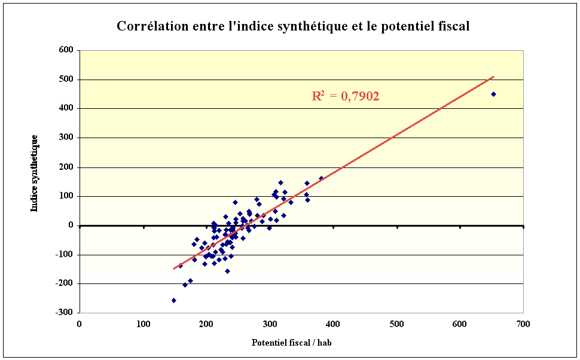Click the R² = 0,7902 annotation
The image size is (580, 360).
tap(346, 96)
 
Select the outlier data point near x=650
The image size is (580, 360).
tap(493, 94)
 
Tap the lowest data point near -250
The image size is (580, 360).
tap(173, 300)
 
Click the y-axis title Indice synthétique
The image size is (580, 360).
tap(34, 173)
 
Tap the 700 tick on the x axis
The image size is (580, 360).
tap(523, 324)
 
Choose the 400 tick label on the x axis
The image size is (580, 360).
tap(333, 324)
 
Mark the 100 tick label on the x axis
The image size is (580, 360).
tap(143, 324)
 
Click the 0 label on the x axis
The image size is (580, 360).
tap(80, 324)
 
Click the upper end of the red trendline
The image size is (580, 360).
tap(494, 77)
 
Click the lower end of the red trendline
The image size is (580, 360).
tap(174, 269)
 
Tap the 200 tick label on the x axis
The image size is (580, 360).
tap(206, 324)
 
